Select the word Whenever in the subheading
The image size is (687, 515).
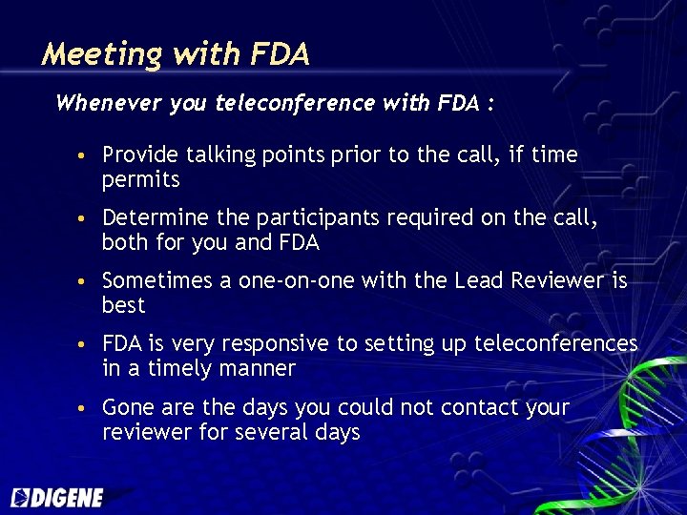pyautogui.click(x=108, y=103)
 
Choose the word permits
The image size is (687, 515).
pyautogui.click(x=140, y=179)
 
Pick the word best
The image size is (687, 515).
pyautogui.click(x=123, y=305)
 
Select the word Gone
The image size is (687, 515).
pyautogui.click(x=126, y=407)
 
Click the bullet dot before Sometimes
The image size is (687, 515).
pyautogui.click(x=86, y=282)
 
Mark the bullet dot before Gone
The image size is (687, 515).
pyautogui.click(x=86, y=409)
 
